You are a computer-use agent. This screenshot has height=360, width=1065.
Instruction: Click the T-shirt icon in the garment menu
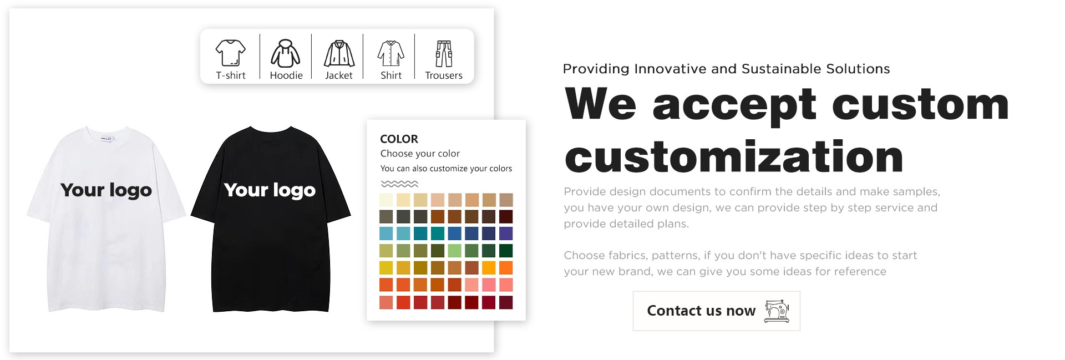tap(230, 53)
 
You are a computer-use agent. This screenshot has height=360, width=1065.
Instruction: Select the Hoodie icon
tap(286, 53)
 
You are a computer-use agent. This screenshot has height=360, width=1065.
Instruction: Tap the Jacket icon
tap(339, 53)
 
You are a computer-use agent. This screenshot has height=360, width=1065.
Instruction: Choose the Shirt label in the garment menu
tap(391, 75)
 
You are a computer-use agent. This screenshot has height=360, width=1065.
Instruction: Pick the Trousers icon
tap(444, 53)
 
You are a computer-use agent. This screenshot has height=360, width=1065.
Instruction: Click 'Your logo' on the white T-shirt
tap(106, 190)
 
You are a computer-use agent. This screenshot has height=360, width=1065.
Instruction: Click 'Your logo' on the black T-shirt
tap(270, 190)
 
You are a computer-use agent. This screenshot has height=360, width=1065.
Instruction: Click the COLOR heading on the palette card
tap(399, 139)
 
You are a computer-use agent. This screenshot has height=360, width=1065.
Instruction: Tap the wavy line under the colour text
tap(399, 184)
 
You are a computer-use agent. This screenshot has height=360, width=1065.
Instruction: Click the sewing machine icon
tap(777, 311)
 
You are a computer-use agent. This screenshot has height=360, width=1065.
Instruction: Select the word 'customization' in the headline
tap(734, 157)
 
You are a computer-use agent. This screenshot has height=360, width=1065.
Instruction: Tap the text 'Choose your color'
tap(420, 154)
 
